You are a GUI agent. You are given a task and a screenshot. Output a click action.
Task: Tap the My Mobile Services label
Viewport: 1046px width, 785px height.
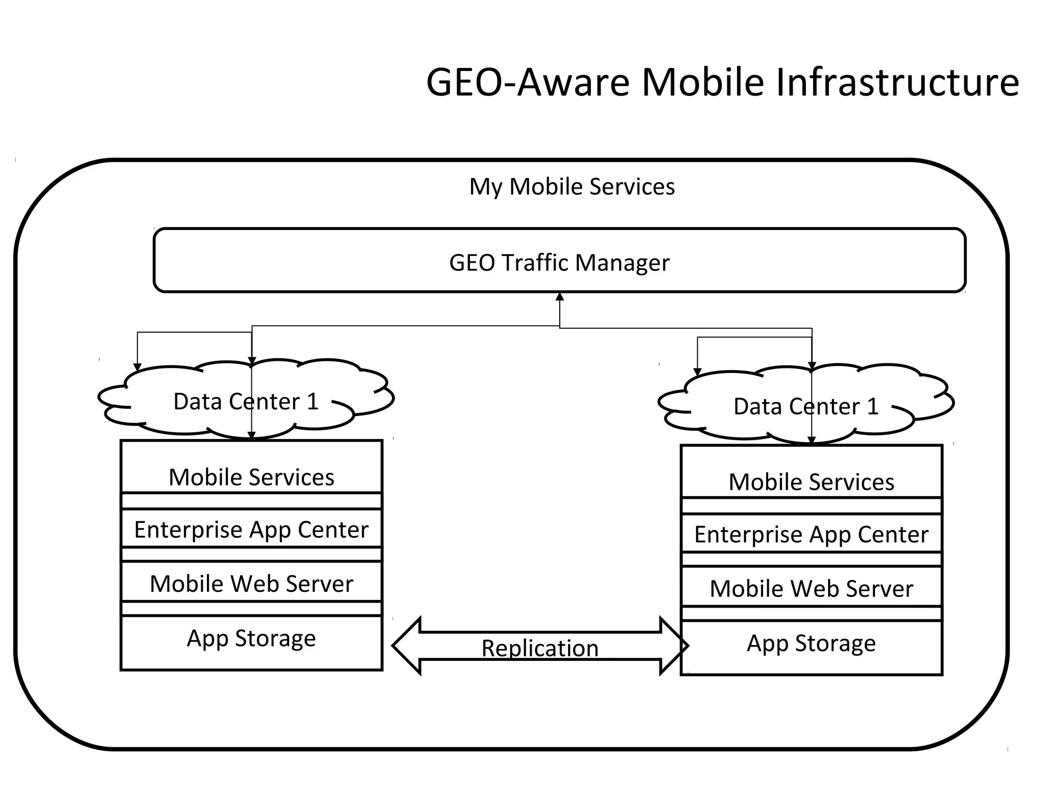(x=572, y=187)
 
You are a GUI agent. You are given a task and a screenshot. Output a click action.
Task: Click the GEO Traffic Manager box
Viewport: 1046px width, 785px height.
(x=559, y=261)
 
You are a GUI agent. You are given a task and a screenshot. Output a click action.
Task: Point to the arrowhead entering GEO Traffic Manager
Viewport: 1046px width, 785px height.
(x=560, y=297)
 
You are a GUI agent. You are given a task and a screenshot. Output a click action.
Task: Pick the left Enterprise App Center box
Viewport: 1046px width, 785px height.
(x=251, y=529)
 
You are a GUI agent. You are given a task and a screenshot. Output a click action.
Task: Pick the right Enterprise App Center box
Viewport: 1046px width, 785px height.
(x=811, y=534)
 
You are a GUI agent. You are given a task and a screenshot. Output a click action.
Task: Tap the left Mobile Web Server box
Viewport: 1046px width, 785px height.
(x=251, y=583)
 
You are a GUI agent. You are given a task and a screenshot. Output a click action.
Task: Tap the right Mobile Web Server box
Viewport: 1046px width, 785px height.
(x=811, y=588)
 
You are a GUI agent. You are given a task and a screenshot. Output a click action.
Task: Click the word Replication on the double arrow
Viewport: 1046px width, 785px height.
(x=540, y=648)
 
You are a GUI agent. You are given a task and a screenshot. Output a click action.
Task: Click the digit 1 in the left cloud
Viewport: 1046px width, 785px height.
(x=312, y=402)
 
